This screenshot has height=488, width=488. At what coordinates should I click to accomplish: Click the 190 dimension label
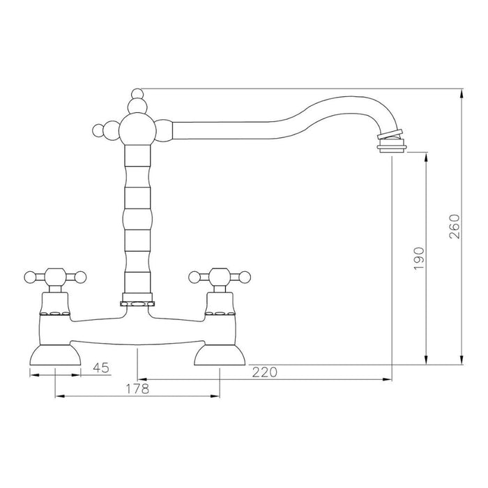coord(418,259)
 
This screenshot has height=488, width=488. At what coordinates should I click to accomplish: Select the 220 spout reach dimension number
coord(265,372)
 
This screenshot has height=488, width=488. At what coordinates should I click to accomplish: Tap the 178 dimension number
coord(137,389)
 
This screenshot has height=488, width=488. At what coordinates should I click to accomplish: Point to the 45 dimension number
coord(102,367)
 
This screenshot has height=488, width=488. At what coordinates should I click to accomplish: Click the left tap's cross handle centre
coord(54,277)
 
